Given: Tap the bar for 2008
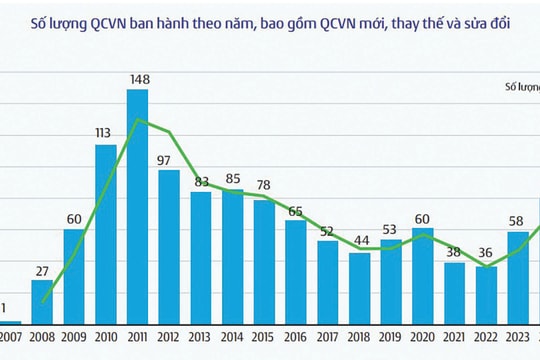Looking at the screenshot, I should point(42,301).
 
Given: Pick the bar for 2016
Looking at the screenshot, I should point(295,271).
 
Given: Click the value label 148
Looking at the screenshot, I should point(137,81).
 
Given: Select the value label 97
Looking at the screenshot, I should point(168,161).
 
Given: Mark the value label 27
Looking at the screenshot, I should point(42,270).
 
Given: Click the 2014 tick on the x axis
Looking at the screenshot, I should point(232,337).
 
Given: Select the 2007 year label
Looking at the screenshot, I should point(11,337).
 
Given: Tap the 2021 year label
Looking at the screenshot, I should point(453,337).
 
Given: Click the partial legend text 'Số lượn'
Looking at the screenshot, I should point(517,88).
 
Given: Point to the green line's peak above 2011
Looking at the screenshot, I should point(137,120).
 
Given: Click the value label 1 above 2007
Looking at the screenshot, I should point(4,309).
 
